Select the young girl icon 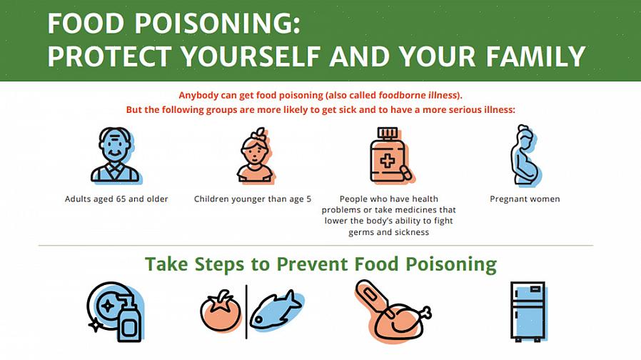pyautogui.click(x=256, y=155)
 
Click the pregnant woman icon pyautogui.click(x=525, y=155)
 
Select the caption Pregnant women pyautogui.click(x=525, y=199)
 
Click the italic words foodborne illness pyautogui.click(x=418, y=95)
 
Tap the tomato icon pyautogui.click(x=221, y=311)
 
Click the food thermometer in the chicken pyautogui.click(x=374, y=299)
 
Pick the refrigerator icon pyautogui.click(x=528, y=311)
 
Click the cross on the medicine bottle pyautogui.click(x=388, y=161)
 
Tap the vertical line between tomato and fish pyautogui.click(x=246, y=312)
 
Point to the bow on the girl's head pyautogui.click(x=259, y=134)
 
